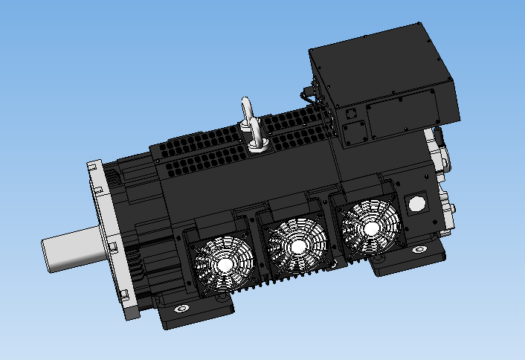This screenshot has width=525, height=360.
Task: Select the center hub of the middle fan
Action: [297, 245]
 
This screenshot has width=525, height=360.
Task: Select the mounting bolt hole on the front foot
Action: [179, 310]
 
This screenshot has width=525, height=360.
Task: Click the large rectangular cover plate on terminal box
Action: [400, 112]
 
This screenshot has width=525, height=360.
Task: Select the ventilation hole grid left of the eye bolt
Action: [201, 152]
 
